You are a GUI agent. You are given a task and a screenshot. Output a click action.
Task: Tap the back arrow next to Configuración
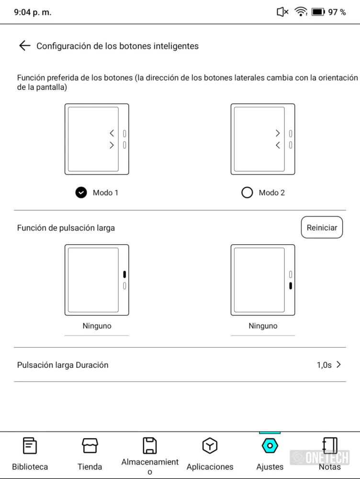[x=24, y=46]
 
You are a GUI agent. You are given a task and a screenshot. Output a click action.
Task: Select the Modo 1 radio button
[x=81, y=193]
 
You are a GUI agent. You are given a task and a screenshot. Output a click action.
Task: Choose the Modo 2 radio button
[x=247, y=193]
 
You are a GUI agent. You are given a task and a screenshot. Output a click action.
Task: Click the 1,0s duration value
[x=324, y=365]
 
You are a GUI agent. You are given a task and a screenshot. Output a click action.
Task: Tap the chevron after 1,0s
[x=339, y=365]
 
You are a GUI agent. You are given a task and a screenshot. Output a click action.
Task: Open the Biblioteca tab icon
[x=30, y=446]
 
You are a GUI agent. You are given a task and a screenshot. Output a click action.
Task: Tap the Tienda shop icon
[x=90, y=446]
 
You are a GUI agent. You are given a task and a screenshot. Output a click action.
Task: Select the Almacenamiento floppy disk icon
[x=150, y=445]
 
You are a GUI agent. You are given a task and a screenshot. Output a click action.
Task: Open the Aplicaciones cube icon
[x=210, y=446]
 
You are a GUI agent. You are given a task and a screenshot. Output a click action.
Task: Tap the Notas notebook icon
[x=329, y=446]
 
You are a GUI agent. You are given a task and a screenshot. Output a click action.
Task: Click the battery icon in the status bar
[x=318, y=12]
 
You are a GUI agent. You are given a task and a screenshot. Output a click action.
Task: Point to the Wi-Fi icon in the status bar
[x=301, y=12]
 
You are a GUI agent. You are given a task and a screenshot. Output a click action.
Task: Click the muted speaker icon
[x=282, y=12]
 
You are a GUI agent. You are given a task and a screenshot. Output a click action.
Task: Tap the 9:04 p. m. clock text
[x=33, y=12]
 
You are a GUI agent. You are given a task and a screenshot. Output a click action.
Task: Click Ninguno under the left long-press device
[x=97, y=326]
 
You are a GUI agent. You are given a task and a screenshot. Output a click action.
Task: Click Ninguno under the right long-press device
[x=263, y=326]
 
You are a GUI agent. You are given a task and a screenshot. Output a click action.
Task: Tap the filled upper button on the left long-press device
[x=124, y=274]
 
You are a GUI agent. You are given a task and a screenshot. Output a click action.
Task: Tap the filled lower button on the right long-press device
[x=291, y=286]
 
